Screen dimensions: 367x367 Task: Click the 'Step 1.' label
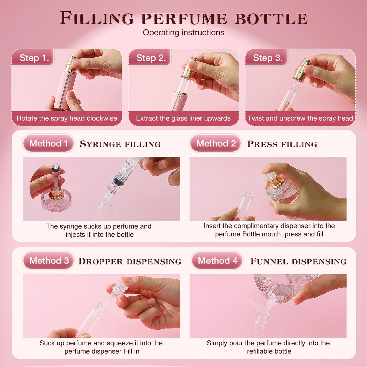point(34,58)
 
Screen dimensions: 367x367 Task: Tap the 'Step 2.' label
point(151,58)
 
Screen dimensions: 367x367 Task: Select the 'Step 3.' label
point(268,58)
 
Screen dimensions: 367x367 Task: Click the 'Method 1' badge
point(49,143)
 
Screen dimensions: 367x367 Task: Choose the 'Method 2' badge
point(216,143)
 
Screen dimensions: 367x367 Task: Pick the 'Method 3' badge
point(49,261)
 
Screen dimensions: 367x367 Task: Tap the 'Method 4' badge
point(217,261)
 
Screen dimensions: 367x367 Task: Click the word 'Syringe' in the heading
point(100,144)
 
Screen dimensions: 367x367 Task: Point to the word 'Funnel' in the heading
point(269,261)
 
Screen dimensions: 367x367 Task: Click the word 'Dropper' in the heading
point(100,261)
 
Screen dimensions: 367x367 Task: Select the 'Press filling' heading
point(282,144)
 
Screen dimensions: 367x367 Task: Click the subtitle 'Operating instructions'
point(183,33)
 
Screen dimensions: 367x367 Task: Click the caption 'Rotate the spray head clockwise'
point(67,118)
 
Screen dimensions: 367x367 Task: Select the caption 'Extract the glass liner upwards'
point(183,118)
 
